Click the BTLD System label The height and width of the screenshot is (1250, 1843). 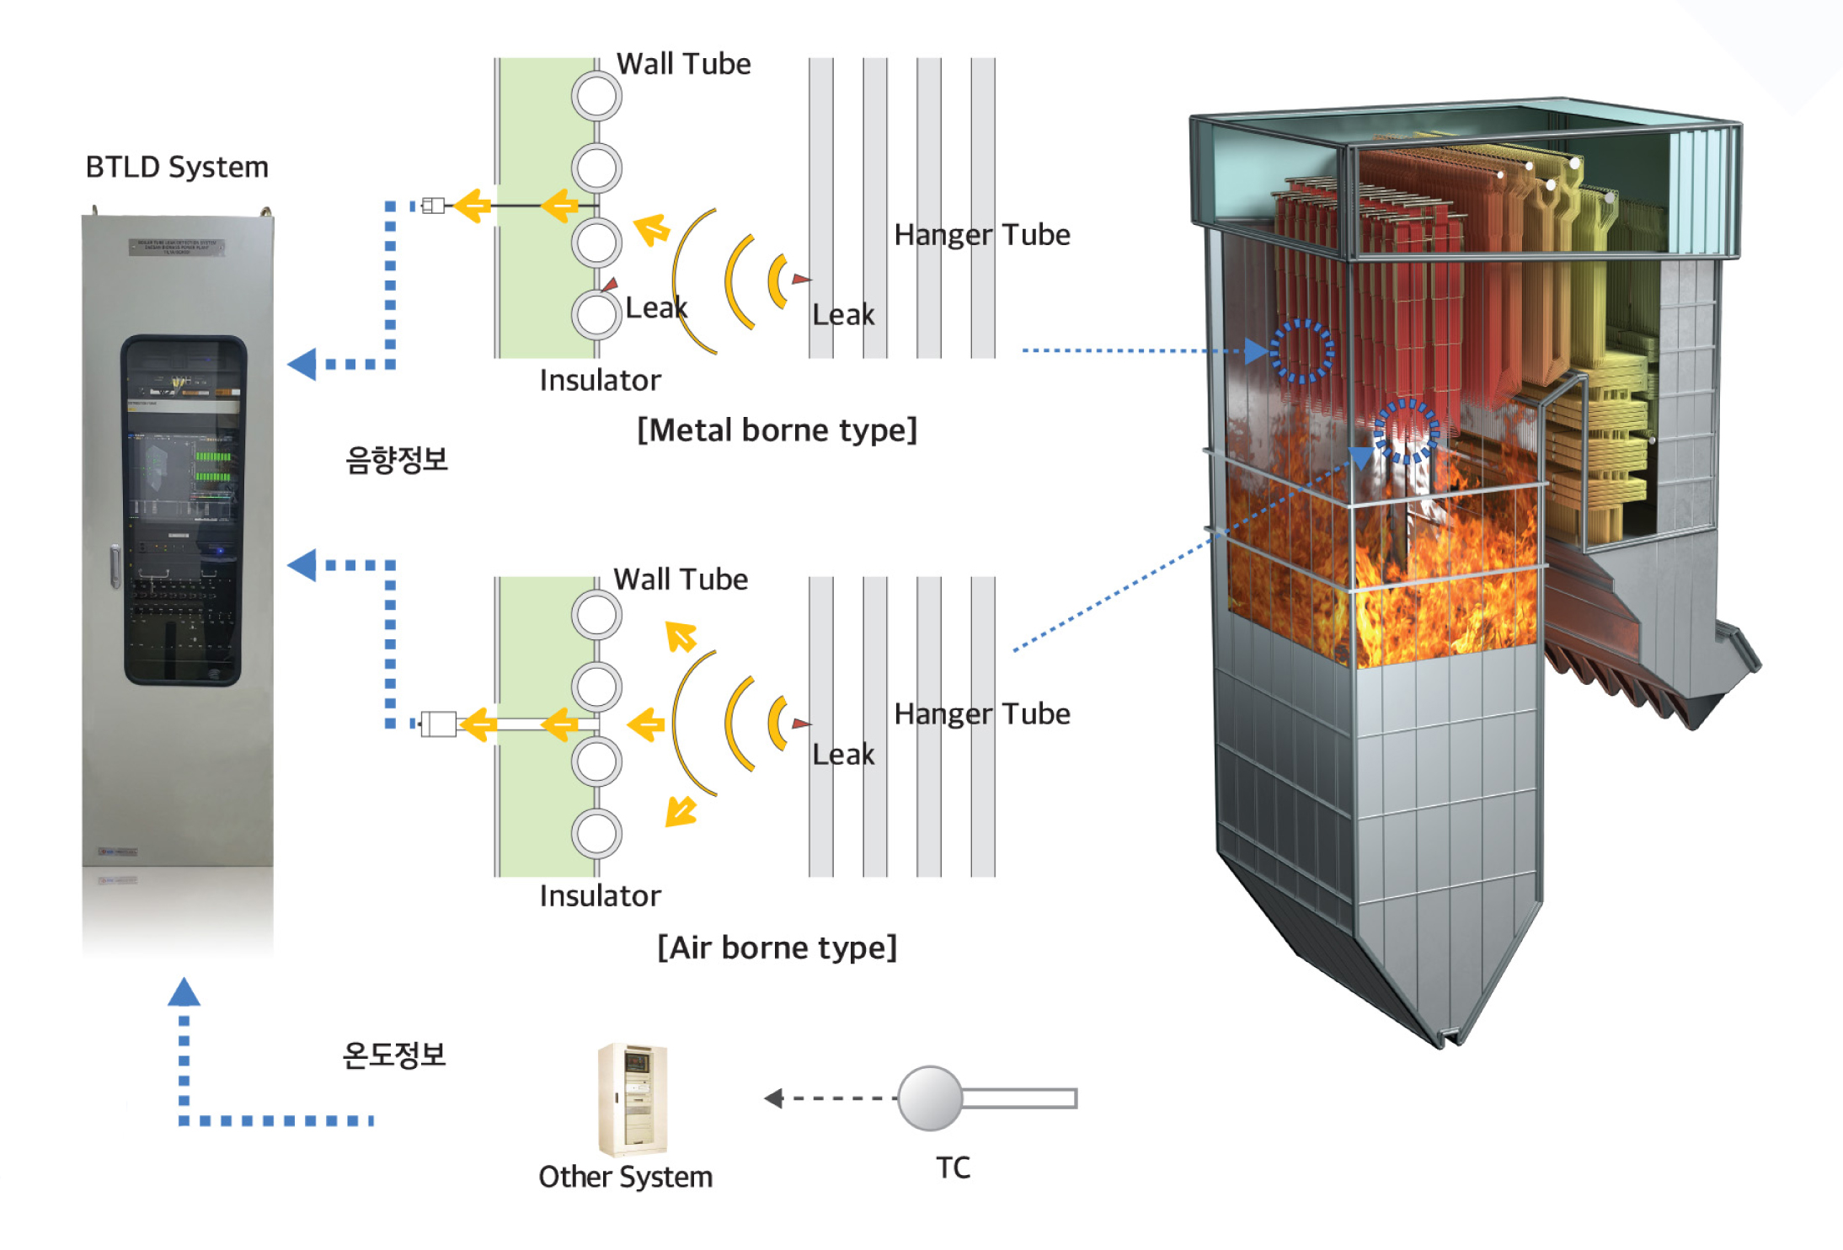[177, 167]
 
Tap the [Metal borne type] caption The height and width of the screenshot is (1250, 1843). [777, 430]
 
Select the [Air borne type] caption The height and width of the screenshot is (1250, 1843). [777, 948]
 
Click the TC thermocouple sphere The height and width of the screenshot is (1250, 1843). [930, 1098]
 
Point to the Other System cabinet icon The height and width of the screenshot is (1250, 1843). [633, 1099]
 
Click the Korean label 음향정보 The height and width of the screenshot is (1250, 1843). [396, 460]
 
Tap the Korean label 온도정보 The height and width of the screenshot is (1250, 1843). [394, 1055]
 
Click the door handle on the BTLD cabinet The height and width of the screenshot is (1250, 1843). [115, 565]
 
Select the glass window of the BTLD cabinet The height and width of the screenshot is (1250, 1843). [183, 510]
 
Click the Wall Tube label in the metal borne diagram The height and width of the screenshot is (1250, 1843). [683, 64]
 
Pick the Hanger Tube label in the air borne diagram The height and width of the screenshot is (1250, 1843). [982, 714]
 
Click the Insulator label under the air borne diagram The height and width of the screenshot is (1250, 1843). [600, 896]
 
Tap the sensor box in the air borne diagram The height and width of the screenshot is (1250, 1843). [438, 724]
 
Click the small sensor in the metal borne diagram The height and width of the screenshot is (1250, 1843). [433, 206]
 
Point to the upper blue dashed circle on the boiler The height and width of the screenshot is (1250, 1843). [1301, 351]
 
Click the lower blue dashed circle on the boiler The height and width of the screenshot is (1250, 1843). [1406, 431]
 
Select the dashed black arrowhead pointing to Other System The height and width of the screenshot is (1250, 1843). [773, 1098]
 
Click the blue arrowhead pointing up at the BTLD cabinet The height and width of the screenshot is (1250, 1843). [184, 992]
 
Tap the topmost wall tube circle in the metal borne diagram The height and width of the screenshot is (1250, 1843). [596, 96]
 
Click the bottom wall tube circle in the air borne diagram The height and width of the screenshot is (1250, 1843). [596, 834]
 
